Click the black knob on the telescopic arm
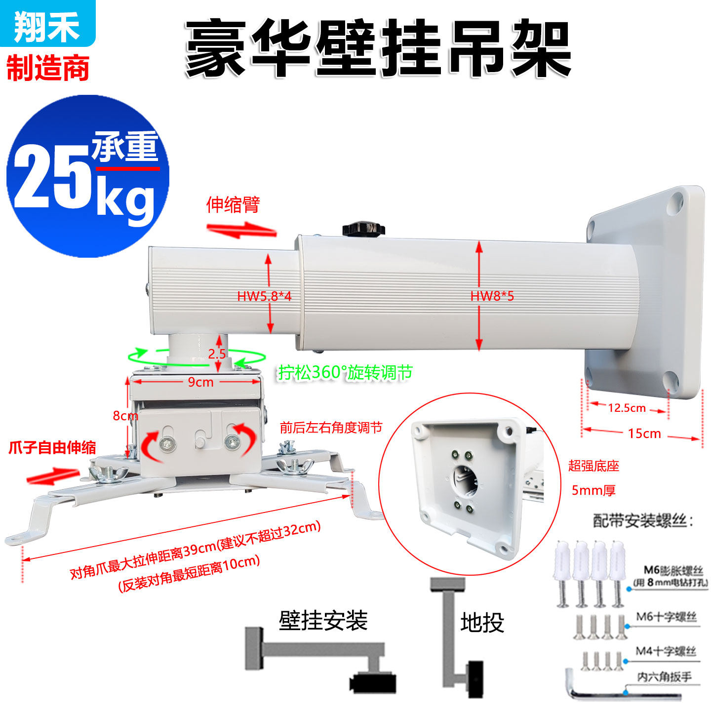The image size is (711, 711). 363,229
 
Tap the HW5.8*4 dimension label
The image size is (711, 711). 264,296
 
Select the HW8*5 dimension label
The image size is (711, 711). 492,296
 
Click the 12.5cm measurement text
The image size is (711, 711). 627,408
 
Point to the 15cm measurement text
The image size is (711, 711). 644,434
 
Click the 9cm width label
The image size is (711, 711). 200,382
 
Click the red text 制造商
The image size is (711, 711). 48,68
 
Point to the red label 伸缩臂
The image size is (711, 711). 233,204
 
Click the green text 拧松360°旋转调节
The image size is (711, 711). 345,373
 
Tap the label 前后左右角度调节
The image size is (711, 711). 331,428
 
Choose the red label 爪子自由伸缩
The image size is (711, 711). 52,448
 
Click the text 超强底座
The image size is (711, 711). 593,466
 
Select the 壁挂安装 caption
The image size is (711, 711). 323,621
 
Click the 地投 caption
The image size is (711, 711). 482,623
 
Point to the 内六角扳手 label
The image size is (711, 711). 664,677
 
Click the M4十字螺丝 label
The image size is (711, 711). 666,651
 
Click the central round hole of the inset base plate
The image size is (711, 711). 465,478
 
